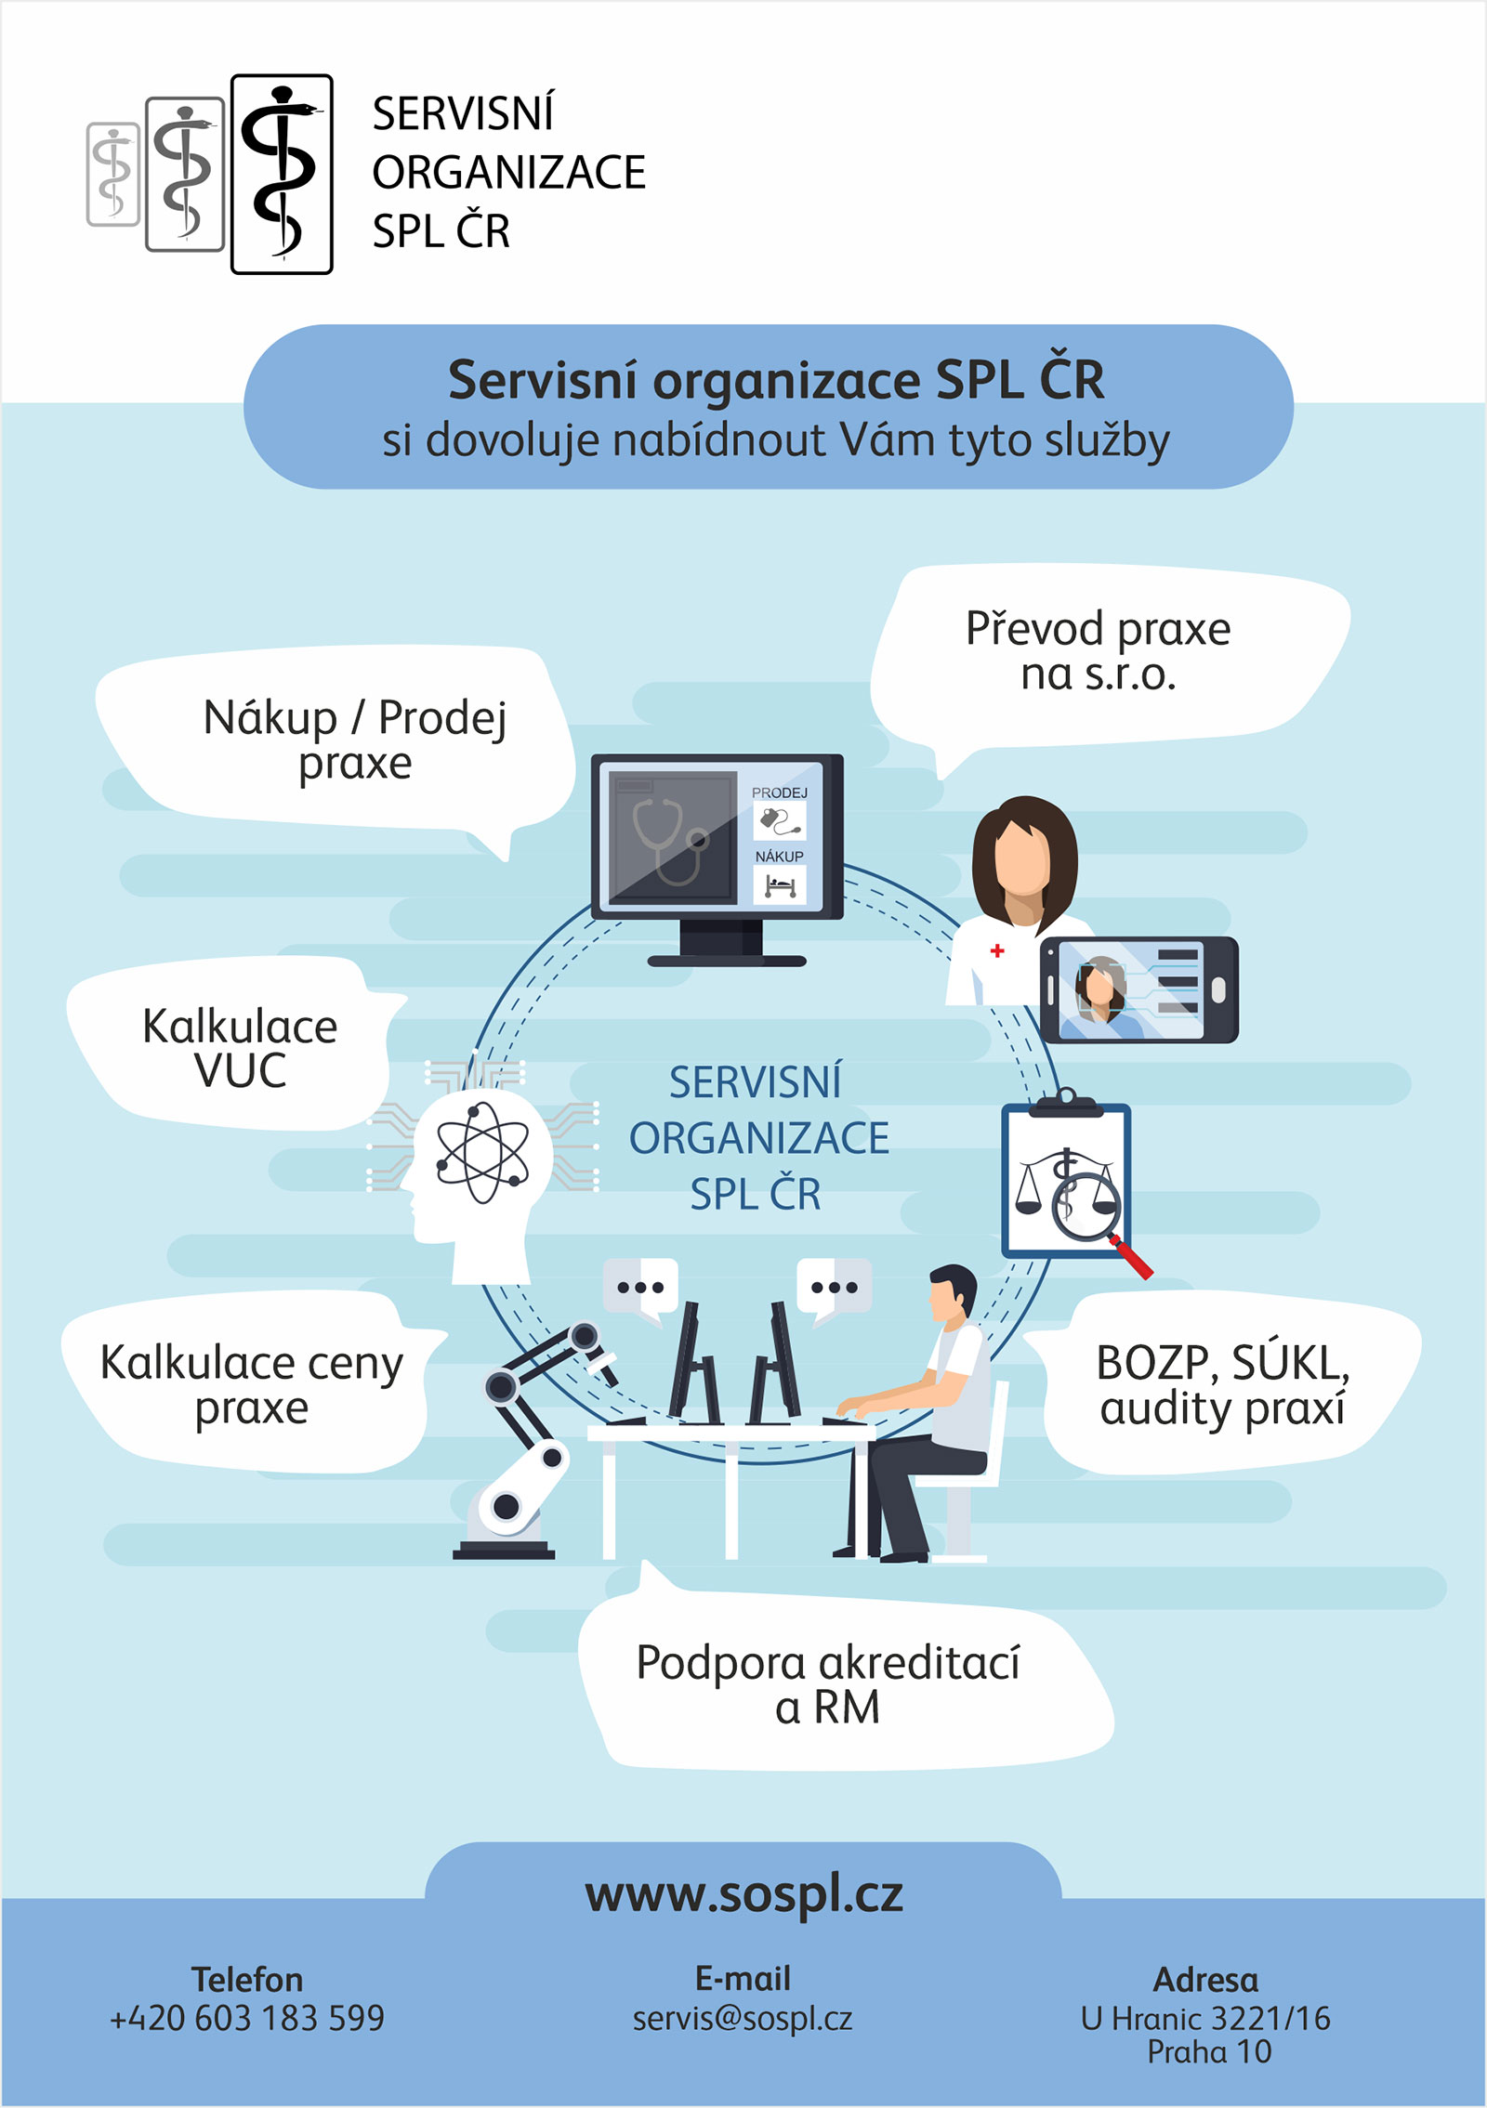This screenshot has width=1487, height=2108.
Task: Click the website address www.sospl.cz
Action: pos(743,1895)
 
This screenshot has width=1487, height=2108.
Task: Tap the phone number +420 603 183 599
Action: pos(247,2018)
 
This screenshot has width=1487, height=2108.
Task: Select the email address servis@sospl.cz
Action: pos(743,2018)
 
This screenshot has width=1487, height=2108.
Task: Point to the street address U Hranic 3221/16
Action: pos(1205,2018)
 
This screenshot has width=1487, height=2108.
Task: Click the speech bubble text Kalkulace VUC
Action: pos(240,1048)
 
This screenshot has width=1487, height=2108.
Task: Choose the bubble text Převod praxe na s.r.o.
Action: pos(1098,650)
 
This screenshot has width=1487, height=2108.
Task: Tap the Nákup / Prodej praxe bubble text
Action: pos(355,740)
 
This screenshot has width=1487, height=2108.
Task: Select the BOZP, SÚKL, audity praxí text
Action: pos(1222,1384)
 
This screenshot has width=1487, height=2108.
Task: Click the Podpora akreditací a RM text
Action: pos(827,1684)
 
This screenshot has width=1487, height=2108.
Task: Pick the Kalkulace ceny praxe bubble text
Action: pos(251,1384)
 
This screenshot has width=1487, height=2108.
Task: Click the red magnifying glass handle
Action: pos(1133,1258)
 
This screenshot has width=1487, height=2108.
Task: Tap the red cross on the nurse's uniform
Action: pos(997,950)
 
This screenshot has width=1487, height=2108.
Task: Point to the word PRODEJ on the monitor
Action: pos(779,792)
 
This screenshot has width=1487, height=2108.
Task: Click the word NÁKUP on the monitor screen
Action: pos(779,856)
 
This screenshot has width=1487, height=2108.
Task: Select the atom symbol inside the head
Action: pos(482,1152)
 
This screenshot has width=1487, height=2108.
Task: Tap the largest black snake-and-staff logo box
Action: pos(282,174)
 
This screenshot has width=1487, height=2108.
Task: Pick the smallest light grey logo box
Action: pos(113,174)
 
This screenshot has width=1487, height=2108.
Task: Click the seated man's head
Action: pos(952,1291)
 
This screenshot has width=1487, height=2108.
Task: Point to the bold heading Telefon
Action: pos(247,1980)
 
